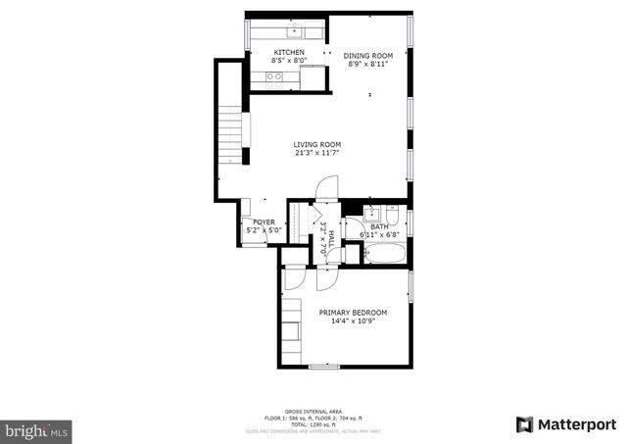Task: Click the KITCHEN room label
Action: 289,52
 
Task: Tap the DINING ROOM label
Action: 367,55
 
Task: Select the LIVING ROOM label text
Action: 316,144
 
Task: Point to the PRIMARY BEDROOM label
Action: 353,313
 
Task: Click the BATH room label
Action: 378,226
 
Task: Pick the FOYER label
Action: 264,222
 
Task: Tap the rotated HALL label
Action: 331,238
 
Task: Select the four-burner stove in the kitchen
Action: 274,76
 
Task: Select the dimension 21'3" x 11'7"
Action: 316,153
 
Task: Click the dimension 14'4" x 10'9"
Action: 353,321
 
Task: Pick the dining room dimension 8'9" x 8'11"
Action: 367,65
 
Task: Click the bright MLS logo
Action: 37,429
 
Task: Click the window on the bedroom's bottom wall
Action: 324,367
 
